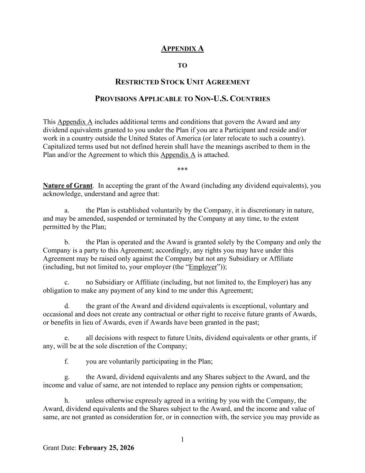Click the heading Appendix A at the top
pyautogui.click(x=182, y=49)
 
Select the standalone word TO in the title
pyautogui.click(x=182, y=65)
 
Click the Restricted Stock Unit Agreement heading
pyautogui.click(x=182, y=82)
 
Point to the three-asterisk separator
pyautogui.click(x=182, y=170)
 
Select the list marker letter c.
pyautogui.click(x=66, y=282)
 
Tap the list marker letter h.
pyautogui.click(x=67, y=401)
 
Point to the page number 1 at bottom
pyautogui.click(x=182, y=440)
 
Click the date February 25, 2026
pyautogui.click(x=106, y=448)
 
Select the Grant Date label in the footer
pyautogui.click(x=60, y=448)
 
